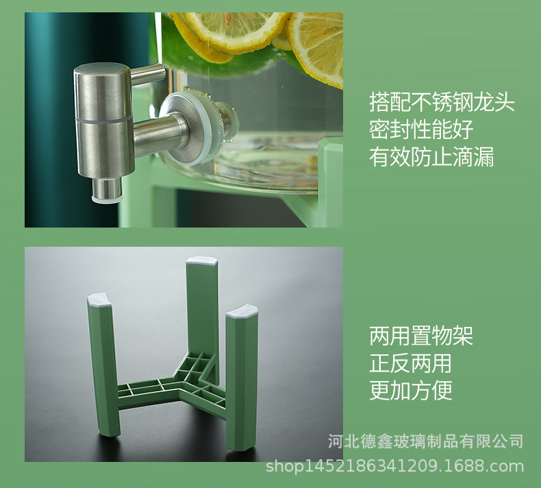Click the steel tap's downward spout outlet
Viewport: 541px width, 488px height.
pyautogui.click(x=107, y=189)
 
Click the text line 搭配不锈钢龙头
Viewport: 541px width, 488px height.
pyautogui.click(x=442, y=102)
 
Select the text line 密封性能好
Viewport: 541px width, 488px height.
pyautogui.click(x=421, y=130)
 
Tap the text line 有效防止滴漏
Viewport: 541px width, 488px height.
pyautogui.click(x=431, y=157)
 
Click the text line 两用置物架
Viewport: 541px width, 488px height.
pyautogui.click(x=421, y=336)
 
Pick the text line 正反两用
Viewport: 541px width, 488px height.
pyautogui.click(x=411, y=363)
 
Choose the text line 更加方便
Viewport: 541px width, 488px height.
pyautogui.click(x=411, y=391)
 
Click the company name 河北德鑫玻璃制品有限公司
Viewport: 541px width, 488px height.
pyautogui.click(x=426, y=441)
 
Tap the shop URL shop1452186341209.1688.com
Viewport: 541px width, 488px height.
pyautogui.click(x=394, y=466)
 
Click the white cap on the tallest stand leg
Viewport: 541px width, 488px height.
pyautogui.click(x=202, y=261)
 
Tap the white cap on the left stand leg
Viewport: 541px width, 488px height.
pyautogui.click(x=100, y=300)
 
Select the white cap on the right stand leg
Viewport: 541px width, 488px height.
pyautogui.click(x=242, y=311)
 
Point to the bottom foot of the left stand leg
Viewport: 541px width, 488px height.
pyautogui.click(x=110, y=430)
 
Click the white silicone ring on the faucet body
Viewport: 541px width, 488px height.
pyautogui.click(x=104, y=118)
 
